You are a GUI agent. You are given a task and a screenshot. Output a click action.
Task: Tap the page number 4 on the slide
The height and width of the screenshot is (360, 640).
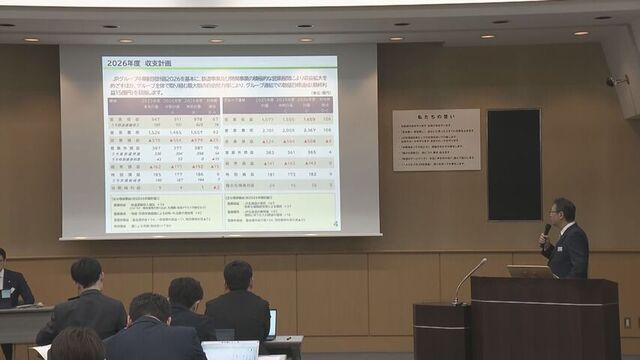pyautogui.click(x=333, y=223)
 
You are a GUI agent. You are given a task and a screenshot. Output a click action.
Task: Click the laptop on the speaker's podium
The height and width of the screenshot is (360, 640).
pyautogui.click(x=528, y=271)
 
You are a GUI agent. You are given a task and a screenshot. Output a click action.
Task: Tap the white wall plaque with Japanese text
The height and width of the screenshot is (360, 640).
pyautogui.click(x=434, y=139)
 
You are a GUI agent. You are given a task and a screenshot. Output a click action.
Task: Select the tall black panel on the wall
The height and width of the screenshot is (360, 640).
pyautogui.click(x=513, y=164)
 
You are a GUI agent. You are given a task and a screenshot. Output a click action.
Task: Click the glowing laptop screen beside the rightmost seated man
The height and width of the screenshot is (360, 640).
pyautogui.click(x=271, y=323)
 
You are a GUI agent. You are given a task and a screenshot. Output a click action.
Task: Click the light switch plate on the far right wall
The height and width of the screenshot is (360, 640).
pyautogui.click(x=627, y=322)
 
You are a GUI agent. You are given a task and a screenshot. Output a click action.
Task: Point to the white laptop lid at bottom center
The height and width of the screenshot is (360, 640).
pyautogui.click(x=230, y=350)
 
